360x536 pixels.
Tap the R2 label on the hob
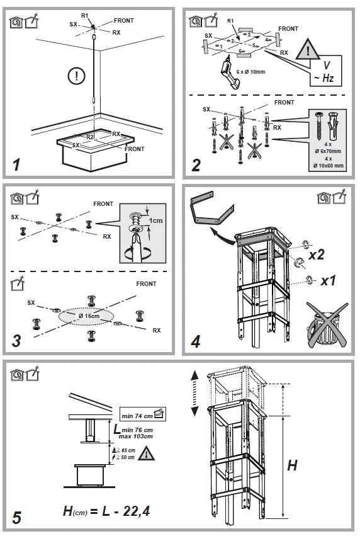[x=89, y=136]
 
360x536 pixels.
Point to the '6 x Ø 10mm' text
[x=250, y=71]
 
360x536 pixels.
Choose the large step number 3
[x=17, y=343]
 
